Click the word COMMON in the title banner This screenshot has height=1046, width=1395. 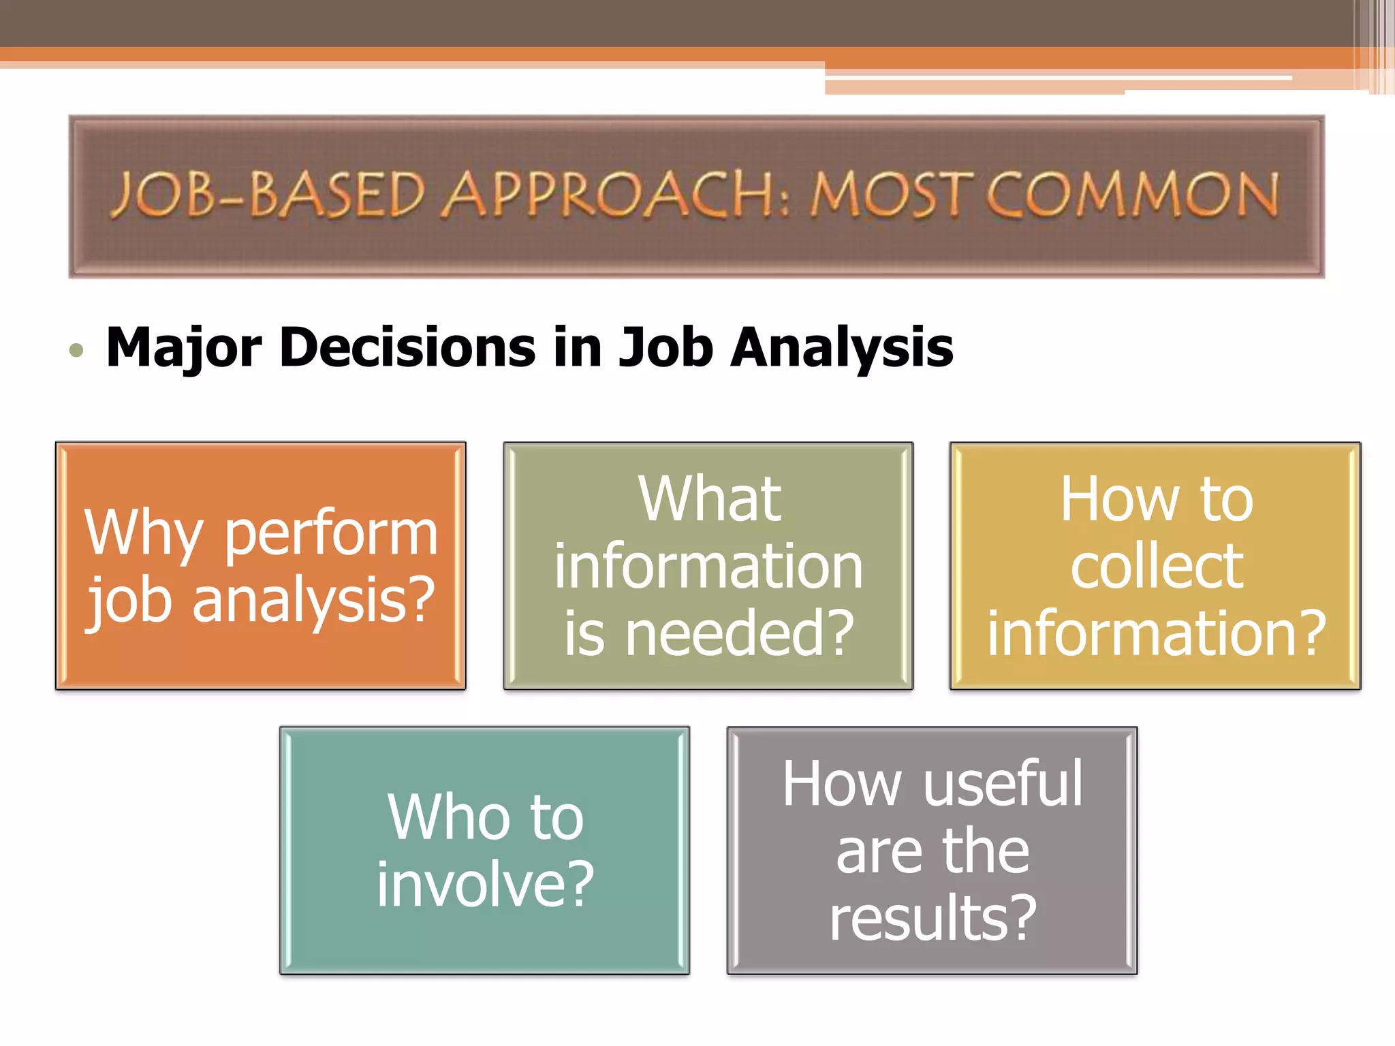tap(1133, 195)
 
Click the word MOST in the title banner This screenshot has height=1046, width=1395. tap(888, 195)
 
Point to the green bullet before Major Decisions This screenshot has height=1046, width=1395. tap(76, 351)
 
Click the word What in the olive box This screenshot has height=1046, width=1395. tap(709, 499)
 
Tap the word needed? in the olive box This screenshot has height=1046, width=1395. tap(739, 633)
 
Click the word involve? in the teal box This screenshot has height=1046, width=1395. tap(486, 885)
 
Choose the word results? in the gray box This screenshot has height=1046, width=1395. tap(933, 918)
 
